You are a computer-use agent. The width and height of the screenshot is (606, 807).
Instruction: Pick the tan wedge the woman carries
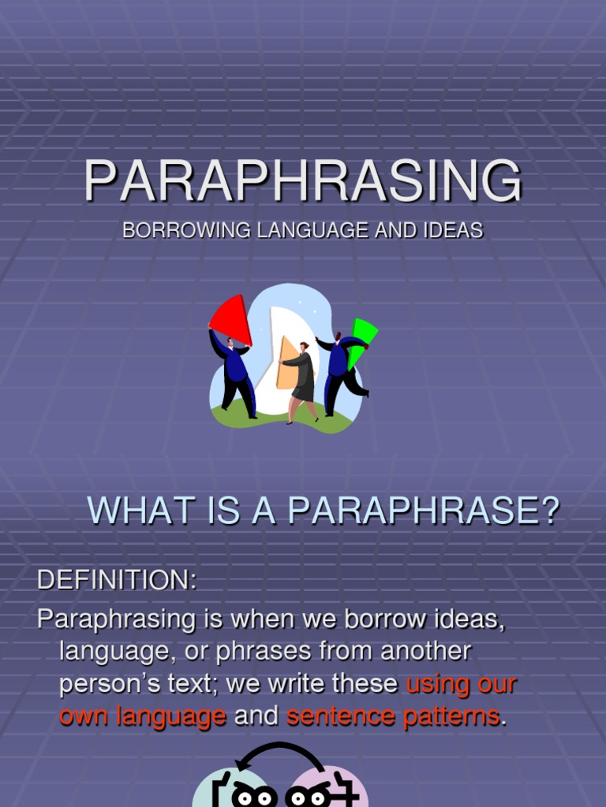coord(287,363)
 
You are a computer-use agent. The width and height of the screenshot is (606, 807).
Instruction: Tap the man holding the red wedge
coord(235,374)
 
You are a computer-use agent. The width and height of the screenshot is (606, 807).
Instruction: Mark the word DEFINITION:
coord(117,580)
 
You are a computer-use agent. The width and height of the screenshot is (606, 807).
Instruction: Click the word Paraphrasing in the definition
coord(116,619)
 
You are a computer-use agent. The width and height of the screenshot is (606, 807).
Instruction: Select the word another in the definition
coord(426,652)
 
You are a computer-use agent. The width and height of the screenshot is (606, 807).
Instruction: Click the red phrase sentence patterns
coord(393,716)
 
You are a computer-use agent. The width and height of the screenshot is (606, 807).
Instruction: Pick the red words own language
coord(143,716)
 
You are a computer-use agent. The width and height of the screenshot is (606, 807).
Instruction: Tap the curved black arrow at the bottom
coord(280,753)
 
